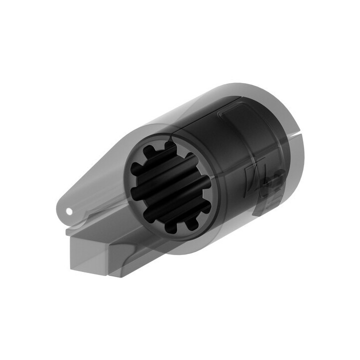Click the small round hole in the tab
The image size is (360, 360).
(x=68, y=210)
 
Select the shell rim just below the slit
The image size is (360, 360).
(x=300, y=150)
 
